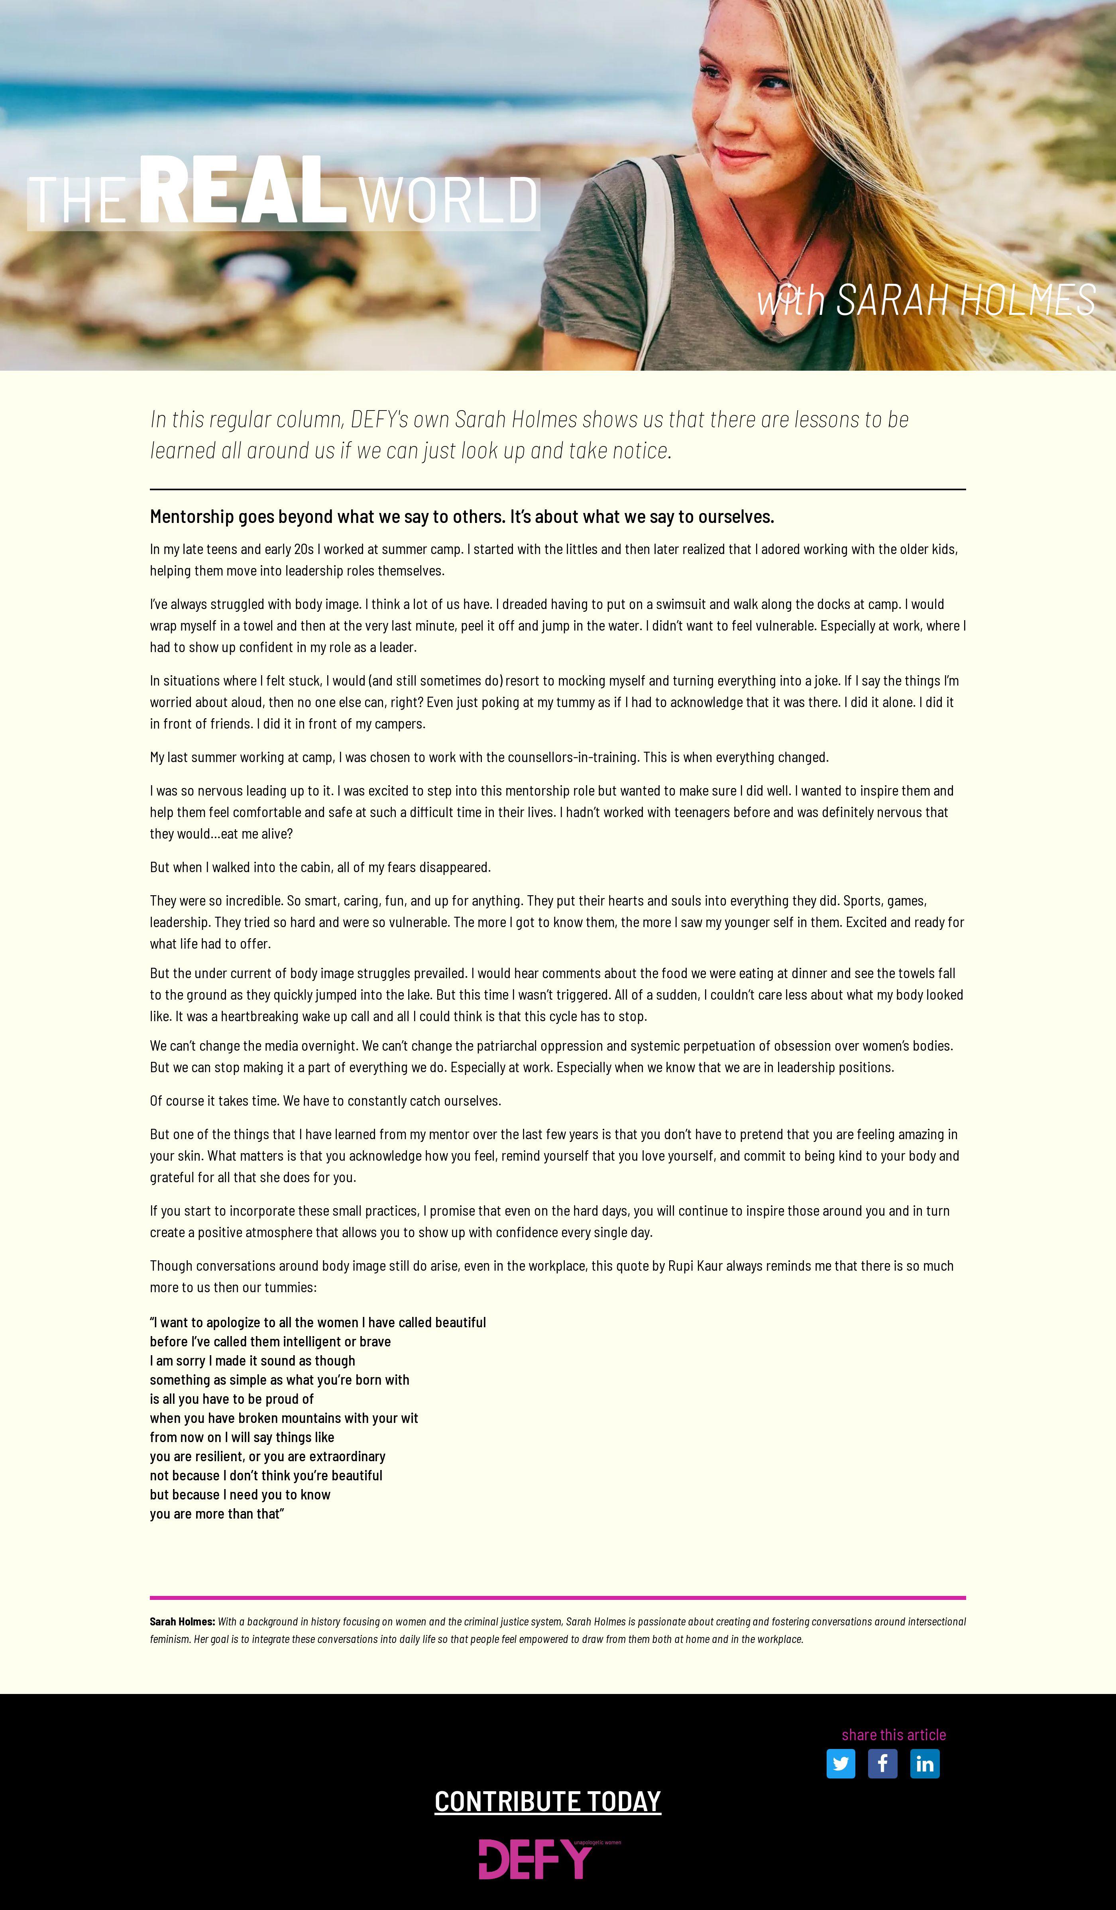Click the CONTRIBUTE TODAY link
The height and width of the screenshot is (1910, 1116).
click(x=547, y=1801)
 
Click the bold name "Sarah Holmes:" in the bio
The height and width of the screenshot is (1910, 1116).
click(x=182, y=1621)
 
